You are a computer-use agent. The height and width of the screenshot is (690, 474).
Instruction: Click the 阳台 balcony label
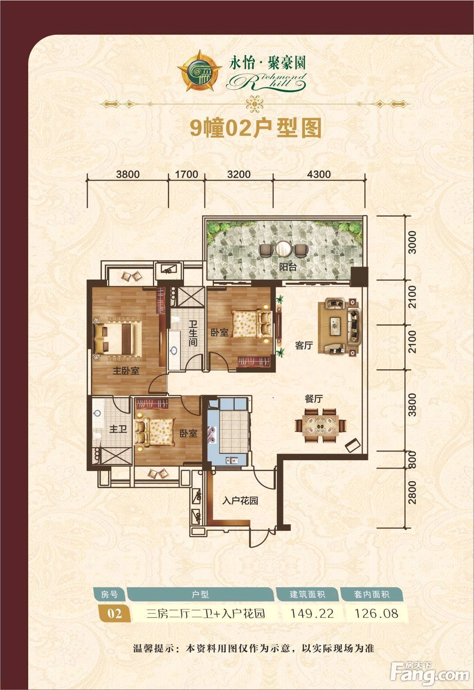click(288, 267)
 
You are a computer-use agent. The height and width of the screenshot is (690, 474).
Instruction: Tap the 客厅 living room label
click(304, 345)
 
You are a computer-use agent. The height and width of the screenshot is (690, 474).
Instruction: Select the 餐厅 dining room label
click(314, 399)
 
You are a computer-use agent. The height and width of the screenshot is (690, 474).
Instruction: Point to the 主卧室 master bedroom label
click(126, 370)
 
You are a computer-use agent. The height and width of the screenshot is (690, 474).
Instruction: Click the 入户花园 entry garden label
click(240, 501)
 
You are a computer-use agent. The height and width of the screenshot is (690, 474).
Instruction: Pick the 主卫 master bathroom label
click(118, 429)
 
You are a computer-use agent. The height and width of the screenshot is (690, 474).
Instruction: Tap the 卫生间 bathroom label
click(193, 333)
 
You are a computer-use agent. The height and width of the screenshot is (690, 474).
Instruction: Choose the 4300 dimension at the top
click(318, 174)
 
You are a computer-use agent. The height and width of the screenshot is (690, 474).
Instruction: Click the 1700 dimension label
click(186, 174)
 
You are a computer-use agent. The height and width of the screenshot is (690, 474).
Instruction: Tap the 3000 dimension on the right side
click(412, 242)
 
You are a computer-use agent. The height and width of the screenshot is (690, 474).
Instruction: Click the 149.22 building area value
click(312, 614)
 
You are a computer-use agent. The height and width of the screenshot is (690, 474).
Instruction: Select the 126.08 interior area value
click(376, 614)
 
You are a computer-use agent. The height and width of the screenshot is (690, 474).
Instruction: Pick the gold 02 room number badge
click(114, 614)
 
